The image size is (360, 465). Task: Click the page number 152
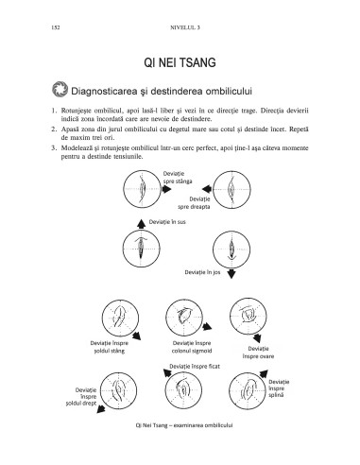point(56,27)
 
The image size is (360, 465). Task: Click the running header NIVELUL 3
point(185,27)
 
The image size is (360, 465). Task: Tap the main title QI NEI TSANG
point(180,62)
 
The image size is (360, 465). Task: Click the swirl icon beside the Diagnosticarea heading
point(60,89)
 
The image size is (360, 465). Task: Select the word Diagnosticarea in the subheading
point(104,92)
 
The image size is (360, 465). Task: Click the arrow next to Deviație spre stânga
point(166,189)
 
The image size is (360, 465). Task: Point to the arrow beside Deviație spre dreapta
point(207,189)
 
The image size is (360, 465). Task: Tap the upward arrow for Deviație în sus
point(141,223)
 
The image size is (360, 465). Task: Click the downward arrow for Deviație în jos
point(231,273)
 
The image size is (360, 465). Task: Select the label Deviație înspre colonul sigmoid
point(192,347)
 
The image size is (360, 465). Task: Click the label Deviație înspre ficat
point(195,367)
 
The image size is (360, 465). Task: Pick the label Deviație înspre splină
point(279,388)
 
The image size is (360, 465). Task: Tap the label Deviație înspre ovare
point(258,353)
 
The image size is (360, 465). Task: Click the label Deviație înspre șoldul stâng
point(110,347)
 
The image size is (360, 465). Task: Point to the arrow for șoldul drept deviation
point(100,408)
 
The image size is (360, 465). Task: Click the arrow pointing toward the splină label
point(264,373)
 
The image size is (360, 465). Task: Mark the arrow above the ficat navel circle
point(167,373)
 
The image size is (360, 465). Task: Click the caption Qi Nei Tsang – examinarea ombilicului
point(184,425)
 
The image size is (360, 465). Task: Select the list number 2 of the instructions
point(54,129)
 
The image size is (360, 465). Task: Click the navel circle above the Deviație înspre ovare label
point(249,317)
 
